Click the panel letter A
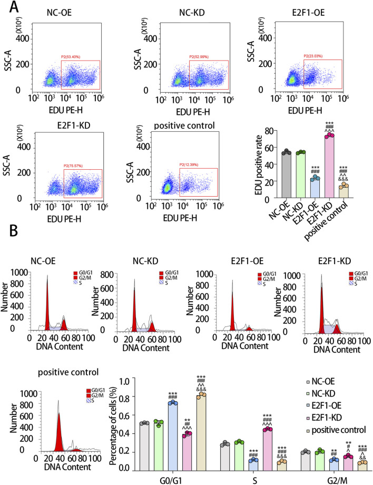tap(8, 7)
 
